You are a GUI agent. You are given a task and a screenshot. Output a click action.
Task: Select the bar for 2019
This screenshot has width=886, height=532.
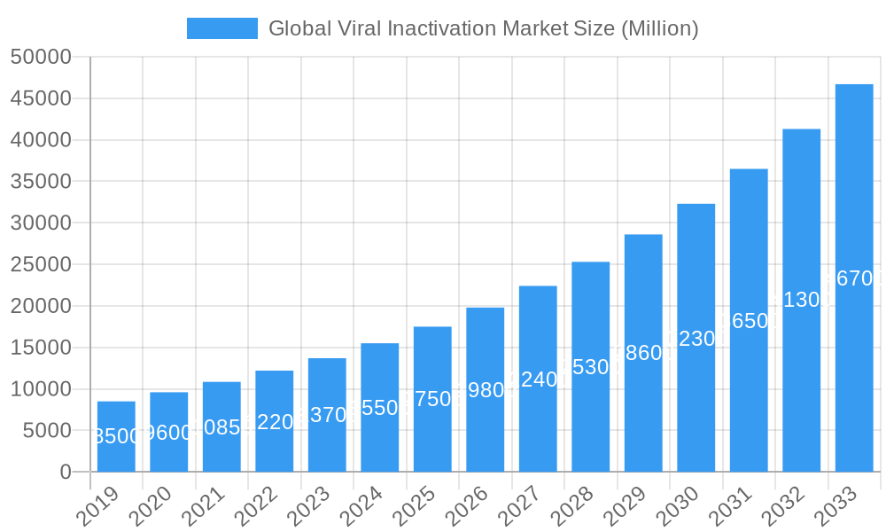[x=116, y=436]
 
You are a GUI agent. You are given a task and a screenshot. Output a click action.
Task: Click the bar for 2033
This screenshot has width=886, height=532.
[x=854, y=278]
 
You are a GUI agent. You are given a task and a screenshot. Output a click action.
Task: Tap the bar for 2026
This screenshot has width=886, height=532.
[x=485, y=389]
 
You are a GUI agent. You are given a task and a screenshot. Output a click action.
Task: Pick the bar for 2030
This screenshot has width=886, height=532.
[x=696, y=338]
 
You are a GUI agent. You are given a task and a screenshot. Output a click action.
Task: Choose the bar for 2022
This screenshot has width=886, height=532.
[x=274, y=421]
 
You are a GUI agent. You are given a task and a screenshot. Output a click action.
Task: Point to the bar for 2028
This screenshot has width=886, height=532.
[x=590, y=366]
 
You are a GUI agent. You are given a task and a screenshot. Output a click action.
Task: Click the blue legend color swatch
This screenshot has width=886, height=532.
[x=221, y=28]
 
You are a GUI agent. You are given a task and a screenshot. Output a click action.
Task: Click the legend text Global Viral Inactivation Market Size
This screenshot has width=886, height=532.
[x=483, y=28]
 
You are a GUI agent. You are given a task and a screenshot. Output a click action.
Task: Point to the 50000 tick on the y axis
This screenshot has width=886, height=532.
[x=40, y=58]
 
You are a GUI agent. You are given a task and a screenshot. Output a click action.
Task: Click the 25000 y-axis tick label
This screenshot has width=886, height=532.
[x=40, y=264]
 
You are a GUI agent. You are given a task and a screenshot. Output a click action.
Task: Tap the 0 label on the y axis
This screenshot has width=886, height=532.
[x=65, y=472]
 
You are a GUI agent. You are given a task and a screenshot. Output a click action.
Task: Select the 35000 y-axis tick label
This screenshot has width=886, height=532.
[x=40, y=182]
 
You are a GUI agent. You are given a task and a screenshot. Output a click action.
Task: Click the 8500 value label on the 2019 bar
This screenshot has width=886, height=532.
[x=116, y=436]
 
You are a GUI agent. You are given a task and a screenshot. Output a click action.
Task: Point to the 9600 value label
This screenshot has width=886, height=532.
[x=168, y=433]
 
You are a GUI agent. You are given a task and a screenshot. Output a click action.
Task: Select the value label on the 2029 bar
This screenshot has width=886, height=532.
[x=643, y=353]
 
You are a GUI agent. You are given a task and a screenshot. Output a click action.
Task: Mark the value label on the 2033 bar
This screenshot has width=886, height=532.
[x=854, y=278]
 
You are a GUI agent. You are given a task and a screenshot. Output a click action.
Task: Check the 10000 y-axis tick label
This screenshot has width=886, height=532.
[x=40, y=388]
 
